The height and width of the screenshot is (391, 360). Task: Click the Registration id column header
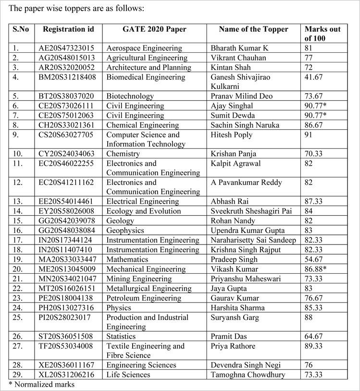pos(68,29)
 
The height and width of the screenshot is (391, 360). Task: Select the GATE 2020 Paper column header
pos(154,29)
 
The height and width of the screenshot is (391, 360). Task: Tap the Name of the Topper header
pos(253,29)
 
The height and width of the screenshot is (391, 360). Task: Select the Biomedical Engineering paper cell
pos(146,77)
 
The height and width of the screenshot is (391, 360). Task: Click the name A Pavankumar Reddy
pos(247,183)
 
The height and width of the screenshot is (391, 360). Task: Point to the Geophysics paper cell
pos(125,231)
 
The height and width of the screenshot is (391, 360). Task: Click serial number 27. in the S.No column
pos(17,346)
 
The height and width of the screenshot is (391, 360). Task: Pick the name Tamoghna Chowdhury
pos(248,375)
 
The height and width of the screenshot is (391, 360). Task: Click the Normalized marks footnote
pos(42,384)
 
